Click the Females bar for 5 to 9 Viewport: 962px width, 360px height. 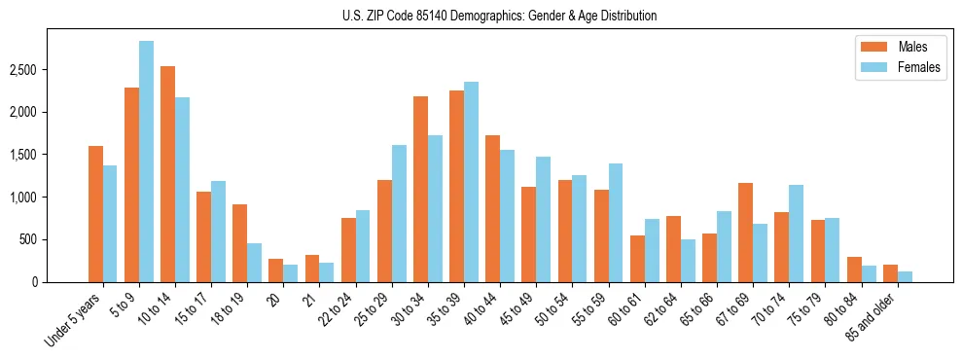coord(146,162)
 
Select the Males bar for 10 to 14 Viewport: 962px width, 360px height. coord(167,174)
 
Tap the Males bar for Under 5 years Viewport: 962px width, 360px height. coord(95,214)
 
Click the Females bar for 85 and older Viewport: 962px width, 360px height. coord(905,276)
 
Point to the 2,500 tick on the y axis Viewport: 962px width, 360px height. coord(51,70)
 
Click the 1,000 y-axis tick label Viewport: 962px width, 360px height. coord(51,198)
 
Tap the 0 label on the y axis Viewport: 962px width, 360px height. coord(61,282)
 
